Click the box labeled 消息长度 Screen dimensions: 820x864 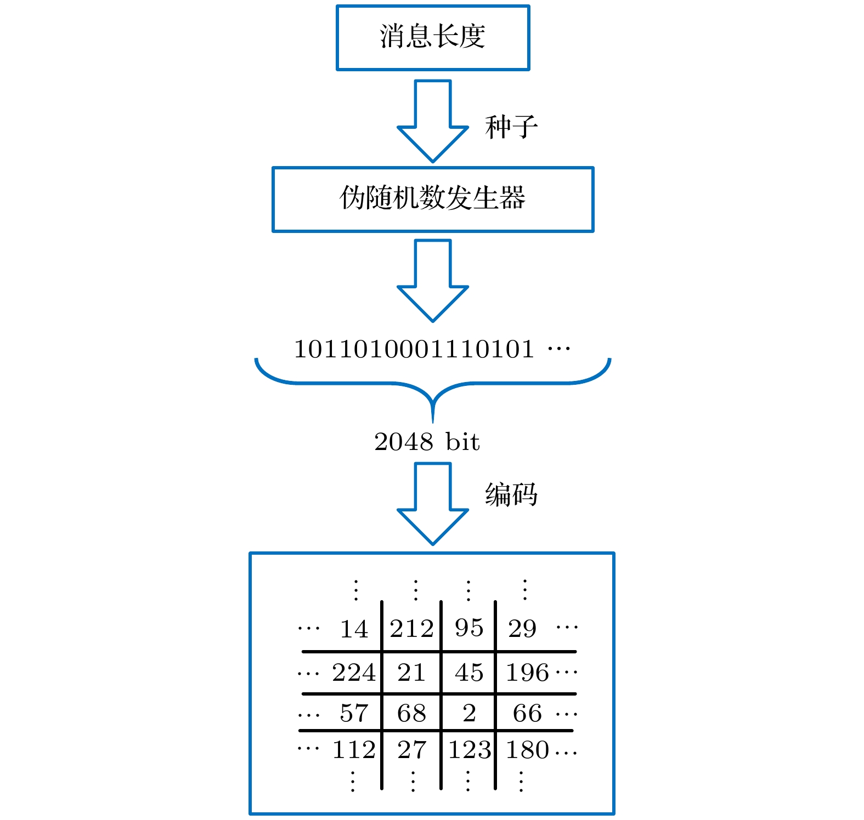pos(433,38)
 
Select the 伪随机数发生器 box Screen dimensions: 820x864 pos(433,200)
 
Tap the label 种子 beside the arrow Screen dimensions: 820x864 pos(511,128)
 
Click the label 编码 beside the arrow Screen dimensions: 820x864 pos(511,494)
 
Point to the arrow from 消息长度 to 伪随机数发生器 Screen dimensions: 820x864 pos(433,121)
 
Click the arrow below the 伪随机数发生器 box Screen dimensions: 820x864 pos(433,280)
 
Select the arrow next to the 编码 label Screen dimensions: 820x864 pos(433,503)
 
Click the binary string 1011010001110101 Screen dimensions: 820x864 pos(414,349)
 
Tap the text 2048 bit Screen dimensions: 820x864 pos(427,442)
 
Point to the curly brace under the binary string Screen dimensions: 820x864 pos(433,384)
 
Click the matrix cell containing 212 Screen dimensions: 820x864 pos(411,629)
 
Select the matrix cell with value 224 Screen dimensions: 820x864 pos(354,673)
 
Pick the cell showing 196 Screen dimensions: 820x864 pos(527,673)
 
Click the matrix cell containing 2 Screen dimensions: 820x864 pos(469,713)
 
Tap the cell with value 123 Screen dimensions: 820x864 pos(469,750)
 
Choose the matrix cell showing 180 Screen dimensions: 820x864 pos(527,750)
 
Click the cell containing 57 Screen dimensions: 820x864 pos(354,713)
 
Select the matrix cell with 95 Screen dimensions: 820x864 pos(469,628)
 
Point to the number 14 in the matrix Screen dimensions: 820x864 pos(354,629)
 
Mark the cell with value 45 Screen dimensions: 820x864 pos(469,673)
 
